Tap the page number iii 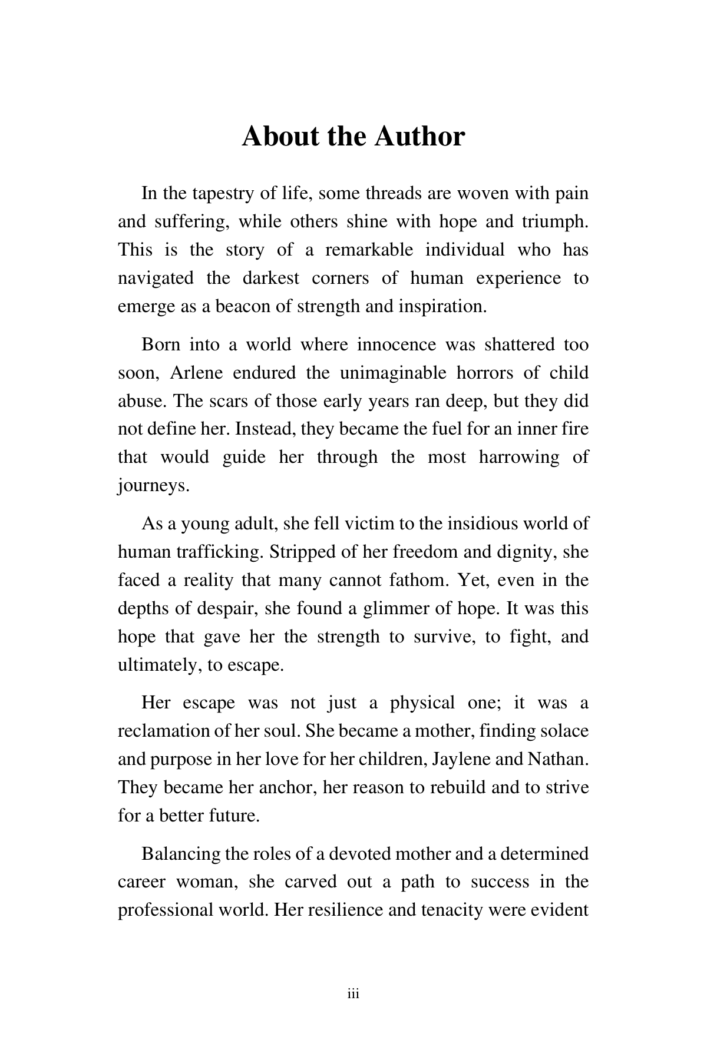point(353,995)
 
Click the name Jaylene point(461,759)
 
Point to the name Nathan point(557,759)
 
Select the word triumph point(554,221)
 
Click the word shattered point(519,344)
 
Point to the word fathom point(419,580)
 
